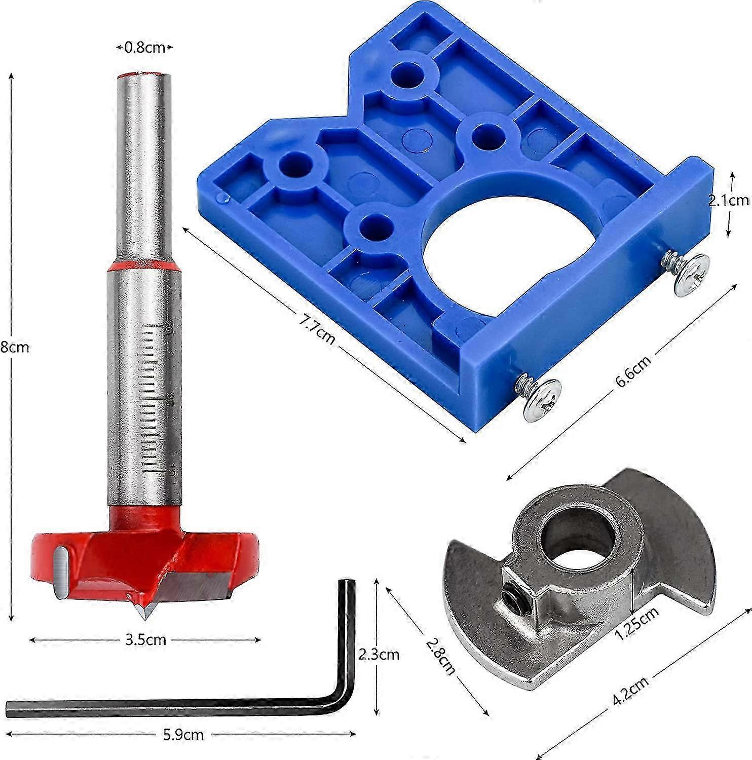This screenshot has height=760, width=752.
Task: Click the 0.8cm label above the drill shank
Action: tap(145, 48)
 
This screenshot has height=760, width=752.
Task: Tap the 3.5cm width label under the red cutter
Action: tap(145, 639)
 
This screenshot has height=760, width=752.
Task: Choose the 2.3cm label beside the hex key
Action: tap(378, 654)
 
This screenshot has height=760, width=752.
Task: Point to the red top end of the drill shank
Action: tap(144, 75)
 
